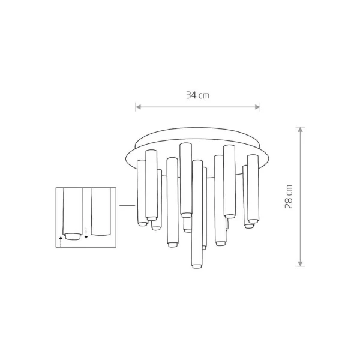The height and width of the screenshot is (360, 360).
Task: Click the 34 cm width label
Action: pyautogui.click(x=197, y=95)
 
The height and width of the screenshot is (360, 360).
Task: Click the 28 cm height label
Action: pyautogui.click(x=289, y=197)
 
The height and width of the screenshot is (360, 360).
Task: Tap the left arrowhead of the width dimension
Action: pyautogui.click(x=138, y=107)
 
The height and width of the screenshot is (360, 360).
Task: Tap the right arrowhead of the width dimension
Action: pyautogui.click(x=257, y=107)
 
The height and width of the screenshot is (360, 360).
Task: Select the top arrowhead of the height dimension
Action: pyautogui.click(x=300, y=130)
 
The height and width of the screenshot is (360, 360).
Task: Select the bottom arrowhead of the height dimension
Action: pyautogui.click(x=300, y=263)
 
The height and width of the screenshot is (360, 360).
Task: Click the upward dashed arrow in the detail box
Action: pyautogui.click(x=61, y=242)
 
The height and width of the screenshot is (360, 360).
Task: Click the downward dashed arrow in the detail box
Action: pyautogui.click(x=86, y=233)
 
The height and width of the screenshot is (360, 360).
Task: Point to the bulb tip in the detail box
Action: pyautogui.click(x=73, y=237)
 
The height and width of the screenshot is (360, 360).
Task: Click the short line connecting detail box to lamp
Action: pyautogui.click(x=127, y=206)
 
